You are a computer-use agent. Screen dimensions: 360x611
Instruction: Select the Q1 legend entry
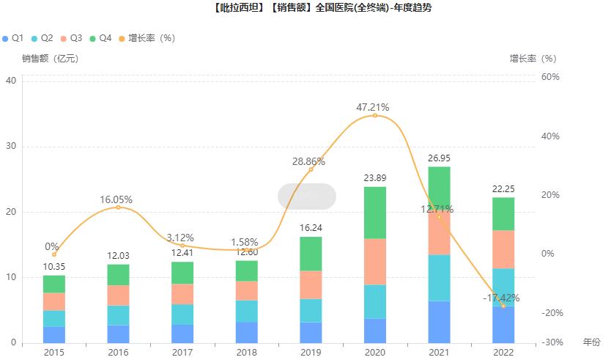14,37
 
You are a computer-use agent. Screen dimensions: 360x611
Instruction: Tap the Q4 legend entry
100,37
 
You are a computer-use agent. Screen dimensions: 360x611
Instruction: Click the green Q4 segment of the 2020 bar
375,213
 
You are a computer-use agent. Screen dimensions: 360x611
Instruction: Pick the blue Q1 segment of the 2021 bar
440,321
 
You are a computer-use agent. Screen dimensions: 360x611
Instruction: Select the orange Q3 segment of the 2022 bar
503,249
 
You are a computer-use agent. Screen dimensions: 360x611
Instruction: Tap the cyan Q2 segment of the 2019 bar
311,310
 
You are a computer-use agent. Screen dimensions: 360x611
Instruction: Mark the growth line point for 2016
118,207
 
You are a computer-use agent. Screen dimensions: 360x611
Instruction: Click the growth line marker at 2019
311,169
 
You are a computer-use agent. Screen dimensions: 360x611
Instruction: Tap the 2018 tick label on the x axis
246,353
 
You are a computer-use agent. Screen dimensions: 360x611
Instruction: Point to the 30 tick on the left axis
12,146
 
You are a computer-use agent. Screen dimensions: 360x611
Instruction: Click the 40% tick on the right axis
550,136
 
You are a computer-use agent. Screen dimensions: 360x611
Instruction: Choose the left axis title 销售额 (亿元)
50,58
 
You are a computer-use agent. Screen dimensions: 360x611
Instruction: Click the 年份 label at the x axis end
591,342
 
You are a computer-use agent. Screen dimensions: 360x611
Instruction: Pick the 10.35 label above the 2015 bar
53,266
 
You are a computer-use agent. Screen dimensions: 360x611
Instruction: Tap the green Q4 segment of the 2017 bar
182,273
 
